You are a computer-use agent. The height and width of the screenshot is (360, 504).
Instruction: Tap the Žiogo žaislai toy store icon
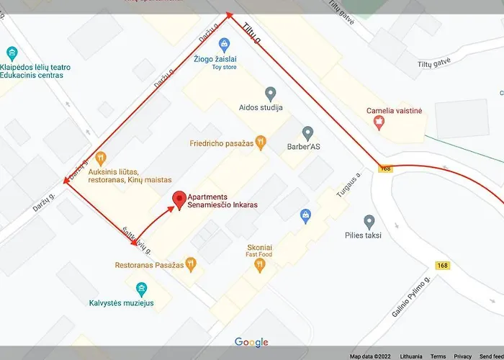[x=224, y=44]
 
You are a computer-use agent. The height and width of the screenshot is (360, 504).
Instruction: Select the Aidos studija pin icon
[x=271, y=93]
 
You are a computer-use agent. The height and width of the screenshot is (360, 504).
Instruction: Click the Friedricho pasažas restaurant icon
[x=261, y=143]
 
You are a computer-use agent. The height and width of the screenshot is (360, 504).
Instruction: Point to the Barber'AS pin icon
[x=307, y=133]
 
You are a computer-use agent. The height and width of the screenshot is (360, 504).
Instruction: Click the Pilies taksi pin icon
[x=369, y=221]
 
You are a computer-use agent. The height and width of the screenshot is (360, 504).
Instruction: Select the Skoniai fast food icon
[x=260, y=264]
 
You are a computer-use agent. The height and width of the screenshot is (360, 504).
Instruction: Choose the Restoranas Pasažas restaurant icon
[x=190, y=264]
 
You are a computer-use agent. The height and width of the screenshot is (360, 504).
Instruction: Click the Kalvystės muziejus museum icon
[x=141, y=289]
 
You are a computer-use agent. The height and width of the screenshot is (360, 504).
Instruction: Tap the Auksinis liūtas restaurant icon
[x=100, y=158]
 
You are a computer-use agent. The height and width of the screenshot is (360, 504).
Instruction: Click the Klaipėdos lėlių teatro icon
[x=11, y=53]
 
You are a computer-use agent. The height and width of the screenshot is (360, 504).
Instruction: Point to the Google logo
[x=251, y=343]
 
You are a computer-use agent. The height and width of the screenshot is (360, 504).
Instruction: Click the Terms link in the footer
[x=438, y=356]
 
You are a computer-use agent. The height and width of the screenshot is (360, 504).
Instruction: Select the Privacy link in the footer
[x=462, y=356]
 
